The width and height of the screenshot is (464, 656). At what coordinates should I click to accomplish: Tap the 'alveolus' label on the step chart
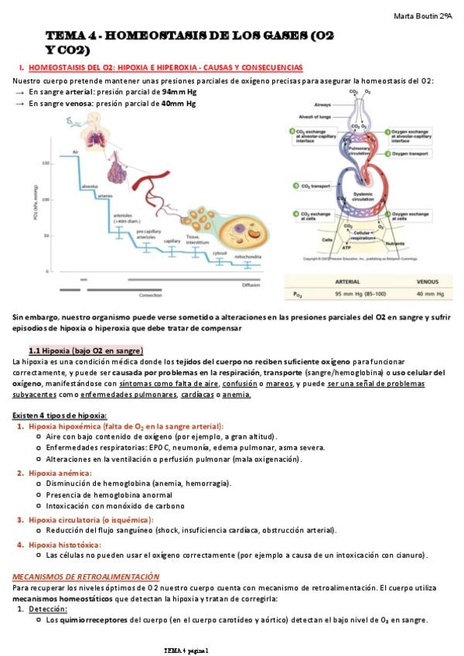tap(90, 186)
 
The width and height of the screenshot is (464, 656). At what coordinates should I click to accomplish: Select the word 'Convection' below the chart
tap(150, 295)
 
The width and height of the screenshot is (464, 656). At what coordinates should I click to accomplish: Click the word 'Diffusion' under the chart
tap(251, 285)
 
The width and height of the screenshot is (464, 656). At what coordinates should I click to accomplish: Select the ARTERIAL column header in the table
tap(350, 282)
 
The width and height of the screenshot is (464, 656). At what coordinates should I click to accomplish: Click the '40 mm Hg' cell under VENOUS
tap(429, 294)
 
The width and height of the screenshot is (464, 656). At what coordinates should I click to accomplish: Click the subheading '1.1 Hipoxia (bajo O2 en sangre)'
tap(85, 350)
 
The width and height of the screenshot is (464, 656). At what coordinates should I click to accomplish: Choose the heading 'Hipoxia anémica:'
tap(60, 473)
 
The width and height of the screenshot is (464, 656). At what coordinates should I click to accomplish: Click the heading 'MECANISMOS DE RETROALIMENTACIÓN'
tap(86, 576)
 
